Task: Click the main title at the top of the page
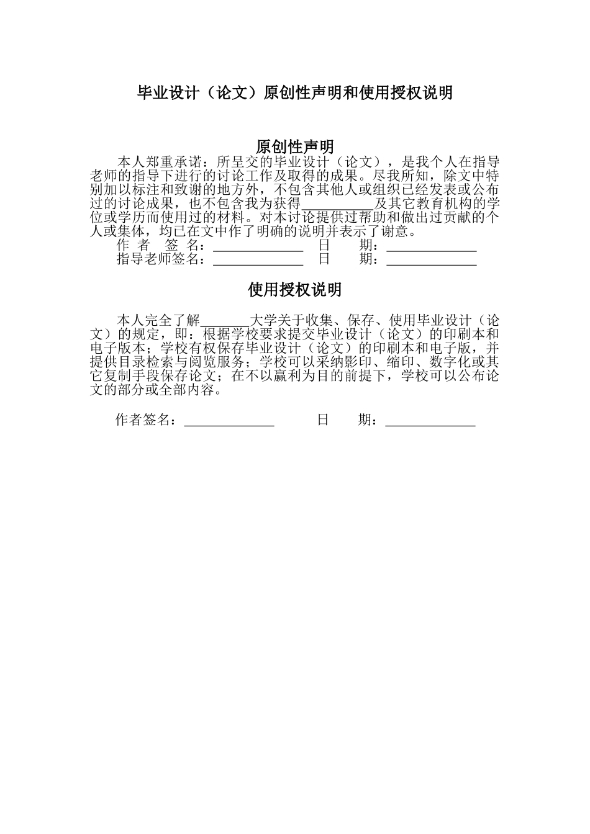pos(295,93)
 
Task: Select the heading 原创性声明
pos(295,147)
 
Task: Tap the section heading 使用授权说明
pos(295,290)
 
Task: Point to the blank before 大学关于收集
pos(224,322)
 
